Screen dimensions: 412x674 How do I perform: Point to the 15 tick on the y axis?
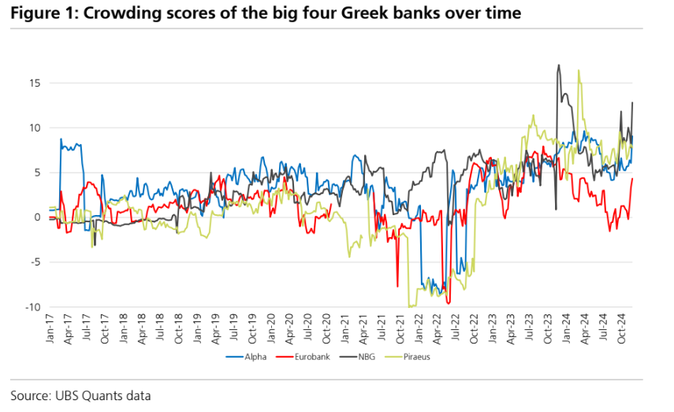point(35,83)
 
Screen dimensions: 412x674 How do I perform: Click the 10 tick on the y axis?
point(35,128)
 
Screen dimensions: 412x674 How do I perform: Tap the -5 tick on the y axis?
point(35,262)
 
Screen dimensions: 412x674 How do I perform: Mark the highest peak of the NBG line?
point(558,65)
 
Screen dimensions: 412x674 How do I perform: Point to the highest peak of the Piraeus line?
point(579,70)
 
